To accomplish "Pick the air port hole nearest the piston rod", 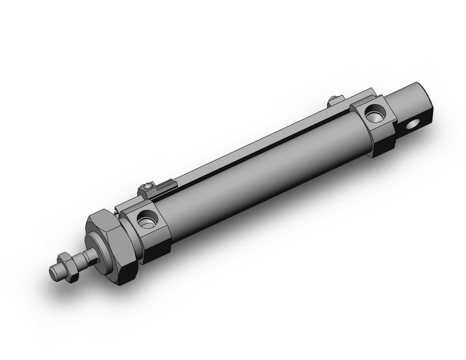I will pyautogui.click(x=147, y=219).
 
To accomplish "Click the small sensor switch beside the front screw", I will pyautogui.click(x=167, y=183).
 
